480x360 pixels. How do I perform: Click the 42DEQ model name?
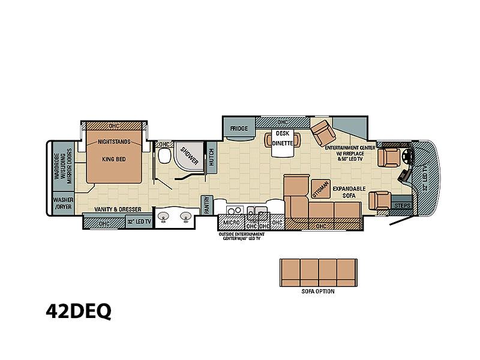79,312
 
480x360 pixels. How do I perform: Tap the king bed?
114,156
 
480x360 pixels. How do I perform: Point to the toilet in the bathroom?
164,155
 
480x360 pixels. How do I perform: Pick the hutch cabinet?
212,157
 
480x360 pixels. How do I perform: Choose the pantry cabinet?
206,205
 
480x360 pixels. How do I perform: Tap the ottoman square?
320,188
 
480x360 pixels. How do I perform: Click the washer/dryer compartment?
63,203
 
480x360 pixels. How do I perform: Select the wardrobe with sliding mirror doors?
63,167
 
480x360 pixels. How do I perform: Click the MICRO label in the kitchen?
231,222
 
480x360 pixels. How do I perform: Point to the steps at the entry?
401,205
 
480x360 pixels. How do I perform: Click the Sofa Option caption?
318,291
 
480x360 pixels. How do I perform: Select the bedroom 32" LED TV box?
139,221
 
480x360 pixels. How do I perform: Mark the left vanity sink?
164,217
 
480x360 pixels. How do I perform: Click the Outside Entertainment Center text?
242,236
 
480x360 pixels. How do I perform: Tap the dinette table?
282,143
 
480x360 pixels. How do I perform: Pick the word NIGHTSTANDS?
114,142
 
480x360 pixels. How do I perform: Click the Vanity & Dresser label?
118,209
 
